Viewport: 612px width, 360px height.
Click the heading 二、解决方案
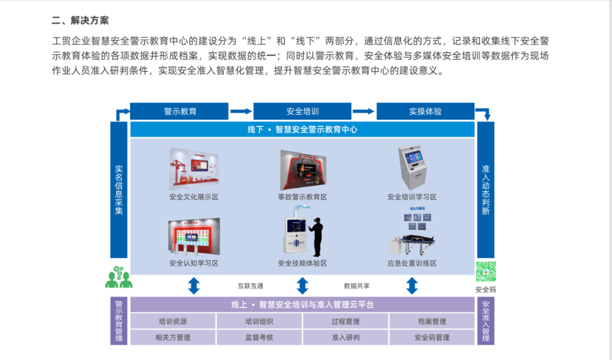[x=80, y=20]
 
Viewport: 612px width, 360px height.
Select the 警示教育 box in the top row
[x=180, y=111]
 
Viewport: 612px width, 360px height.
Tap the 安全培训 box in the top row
[x=303, y=111]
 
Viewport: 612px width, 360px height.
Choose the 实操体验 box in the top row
[x=426, y=111]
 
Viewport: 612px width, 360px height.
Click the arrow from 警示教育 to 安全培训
[x=241, y=111]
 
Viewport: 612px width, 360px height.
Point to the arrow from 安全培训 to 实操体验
[x=364, y=111]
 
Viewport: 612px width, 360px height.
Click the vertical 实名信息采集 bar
[x=119, y=189]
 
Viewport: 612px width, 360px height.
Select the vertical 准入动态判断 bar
[x=486, y=189]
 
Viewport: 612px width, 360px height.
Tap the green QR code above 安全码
[x=486, y=272]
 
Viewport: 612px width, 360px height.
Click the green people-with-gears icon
[x=118, y=277]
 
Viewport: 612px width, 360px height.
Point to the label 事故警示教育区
[x=303, y=197]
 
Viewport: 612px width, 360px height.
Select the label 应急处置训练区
[x=412, y=263]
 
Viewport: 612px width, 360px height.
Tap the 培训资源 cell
[x=173, y=321]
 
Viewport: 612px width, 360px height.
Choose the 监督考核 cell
[x=259, y=337]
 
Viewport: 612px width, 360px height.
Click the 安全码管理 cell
[x=432, y=337]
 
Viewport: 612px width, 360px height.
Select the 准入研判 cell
[x=346, y=337]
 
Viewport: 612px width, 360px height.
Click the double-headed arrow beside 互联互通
[x=194, y=286]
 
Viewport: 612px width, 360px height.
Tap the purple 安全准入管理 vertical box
[x=486, y=321]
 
